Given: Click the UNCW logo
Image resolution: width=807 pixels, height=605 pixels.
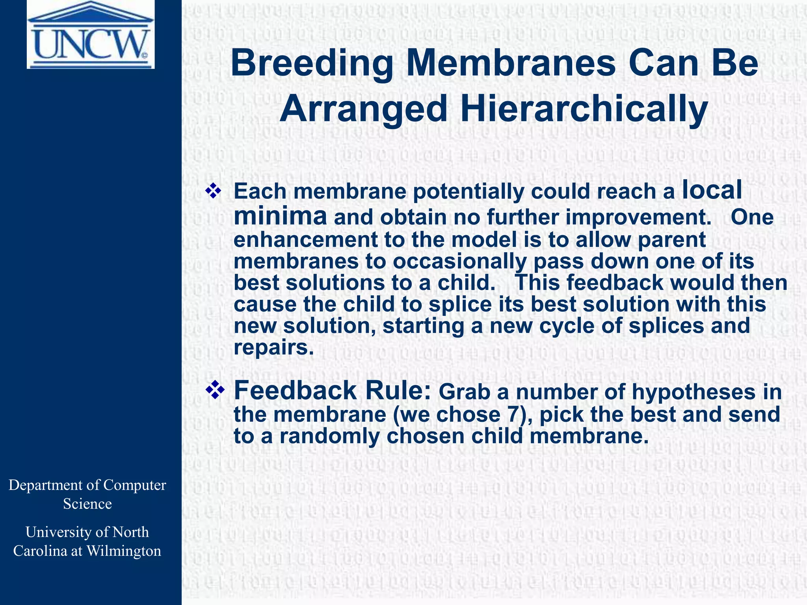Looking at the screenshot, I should [x=91, y=35].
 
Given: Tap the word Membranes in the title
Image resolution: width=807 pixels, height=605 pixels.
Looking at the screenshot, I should [x=511, y=64].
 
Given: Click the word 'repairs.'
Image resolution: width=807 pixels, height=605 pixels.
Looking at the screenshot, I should [x=273, y=347].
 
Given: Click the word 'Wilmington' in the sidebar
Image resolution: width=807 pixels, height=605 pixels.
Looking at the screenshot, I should [x=124, y=551].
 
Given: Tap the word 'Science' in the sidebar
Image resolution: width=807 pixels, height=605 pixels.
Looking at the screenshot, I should [x=87, y=504].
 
